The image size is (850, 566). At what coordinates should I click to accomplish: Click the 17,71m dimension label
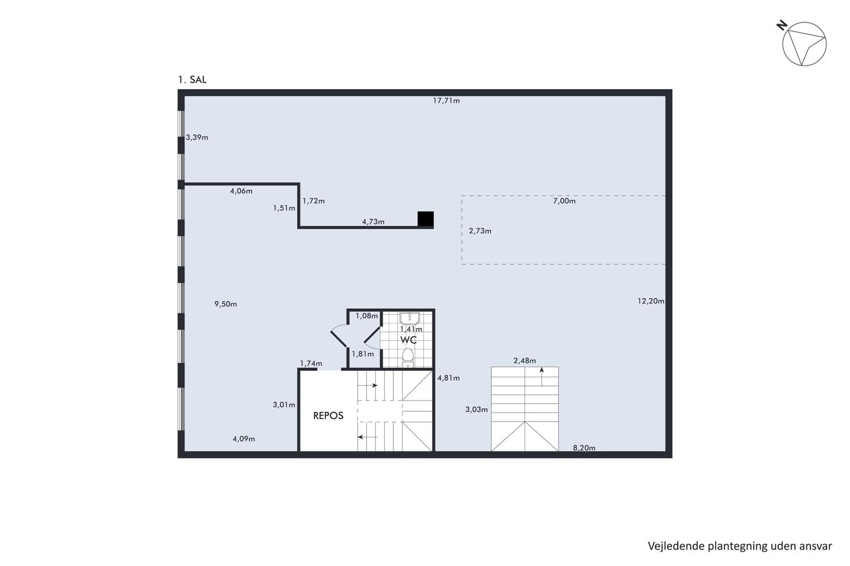(x=446, y=101)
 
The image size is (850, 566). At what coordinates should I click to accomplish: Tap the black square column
(x=426, y=219)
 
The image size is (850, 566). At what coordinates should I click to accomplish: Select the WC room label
(x=408, y=340)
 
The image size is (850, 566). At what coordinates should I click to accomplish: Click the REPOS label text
(x=328, y=416)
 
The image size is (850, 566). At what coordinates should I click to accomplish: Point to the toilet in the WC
(x=408, y=358)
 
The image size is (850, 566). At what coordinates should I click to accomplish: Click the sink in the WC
(x=409, y=318)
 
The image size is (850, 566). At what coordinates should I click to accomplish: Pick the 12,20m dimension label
(x=651, y=301)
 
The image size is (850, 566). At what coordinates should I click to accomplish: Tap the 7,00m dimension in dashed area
(x=564, y=201)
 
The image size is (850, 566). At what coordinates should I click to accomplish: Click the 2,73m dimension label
(x=480, y=231)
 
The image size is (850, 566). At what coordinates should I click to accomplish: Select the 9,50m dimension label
(x=226, y=304)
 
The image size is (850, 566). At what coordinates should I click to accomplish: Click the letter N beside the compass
(x=782, y=25)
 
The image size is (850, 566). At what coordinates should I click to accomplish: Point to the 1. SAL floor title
(x=192, y=79)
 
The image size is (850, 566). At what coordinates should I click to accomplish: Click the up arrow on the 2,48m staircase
(x=542, y=377)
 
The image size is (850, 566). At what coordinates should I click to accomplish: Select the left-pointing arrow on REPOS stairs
(x=368, y=437)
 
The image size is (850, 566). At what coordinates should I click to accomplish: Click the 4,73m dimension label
(x=373, y=222)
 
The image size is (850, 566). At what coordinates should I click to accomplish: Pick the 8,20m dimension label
(x=584, y=448)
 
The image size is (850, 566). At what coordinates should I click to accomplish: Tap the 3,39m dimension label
(x=197, y=138)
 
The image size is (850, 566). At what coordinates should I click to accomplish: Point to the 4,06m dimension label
(x=241, y=191)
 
